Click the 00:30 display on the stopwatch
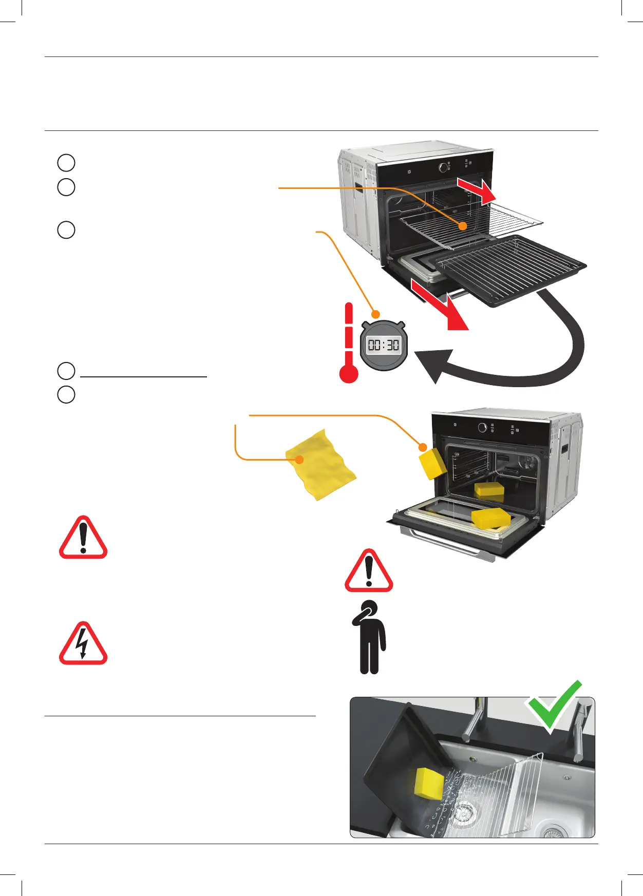pyautogui.click(x=384, y=345)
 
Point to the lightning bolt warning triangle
pyautogui.click(x=83, y=645)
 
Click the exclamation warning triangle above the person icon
pyautogui.click(x=368, y=572)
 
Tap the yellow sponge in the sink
pyautogui.click(x=429, y=783)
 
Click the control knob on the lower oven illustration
pyautogui.click(x=482, y=427)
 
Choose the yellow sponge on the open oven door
pyautogui.click(x=490, y=519)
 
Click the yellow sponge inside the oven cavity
pyautogui.click(x=489, y=489)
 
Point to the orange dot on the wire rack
pyautogui.click(x=463, y=225)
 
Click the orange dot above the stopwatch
pyautogui.click(x=375, y=314)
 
